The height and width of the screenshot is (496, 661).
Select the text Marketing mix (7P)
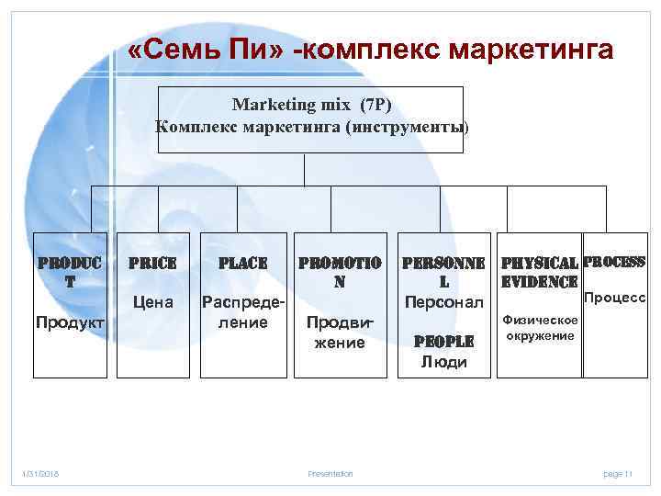[x=312, y=106]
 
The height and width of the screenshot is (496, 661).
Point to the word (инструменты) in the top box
[x=408, y=127]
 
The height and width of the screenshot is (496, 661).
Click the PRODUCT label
[x=70, y=272]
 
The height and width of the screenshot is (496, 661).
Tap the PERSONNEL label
[x=443, y=272]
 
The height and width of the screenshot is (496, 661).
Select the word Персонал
[x=443, y=301]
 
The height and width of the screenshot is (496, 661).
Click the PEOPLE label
[x=443, y=342]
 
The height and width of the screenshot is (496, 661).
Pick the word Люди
[x=443, y=362]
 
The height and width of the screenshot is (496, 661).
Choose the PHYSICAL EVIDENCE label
[x=540, y=273]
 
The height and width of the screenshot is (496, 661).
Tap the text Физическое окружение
[x=540, y=327]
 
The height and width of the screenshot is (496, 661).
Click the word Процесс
[x=615, y=298]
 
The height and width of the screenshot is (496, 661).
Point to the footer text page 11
[x=618, y=474]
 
